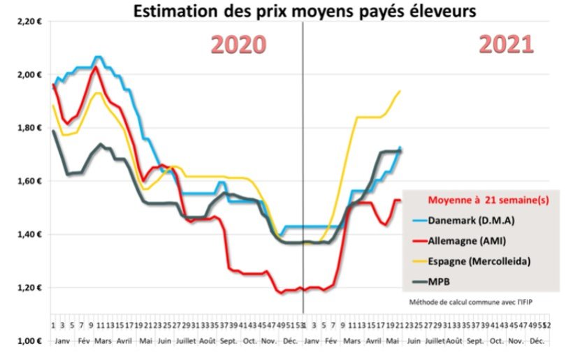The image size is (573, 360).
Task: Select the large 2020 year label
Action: (x=239, y=44)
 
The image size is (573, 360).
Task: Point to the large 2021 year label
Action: (x=506, y=44)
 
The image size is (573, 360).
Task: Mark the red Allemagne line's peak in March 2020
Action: (x=96, y=67)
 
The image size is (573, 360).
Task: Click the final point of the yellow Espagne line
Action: (x=400, y=91)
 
